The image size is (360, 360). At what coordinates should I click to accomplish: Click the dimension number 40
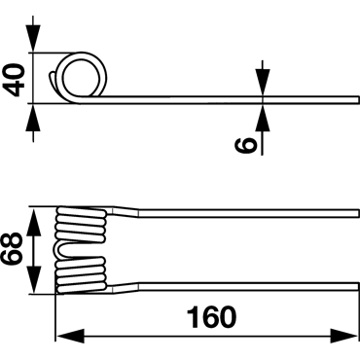point(16,80)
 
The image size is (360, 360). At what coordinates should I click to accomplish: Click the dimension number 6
point(245,145)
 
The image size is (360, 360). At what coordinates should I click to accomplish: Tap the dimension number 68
point(13,249)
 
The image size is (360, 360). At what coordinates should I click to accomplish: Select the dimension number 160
point(212,317)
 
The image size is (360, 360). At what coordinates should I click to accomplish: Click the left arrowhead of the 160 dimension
point(70,336)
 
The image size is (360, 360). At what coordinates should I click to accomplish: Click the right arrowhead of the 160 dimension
point(344,336)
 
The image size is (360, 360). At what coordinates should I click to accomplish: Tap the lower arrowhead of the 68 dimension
point(33,280)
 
